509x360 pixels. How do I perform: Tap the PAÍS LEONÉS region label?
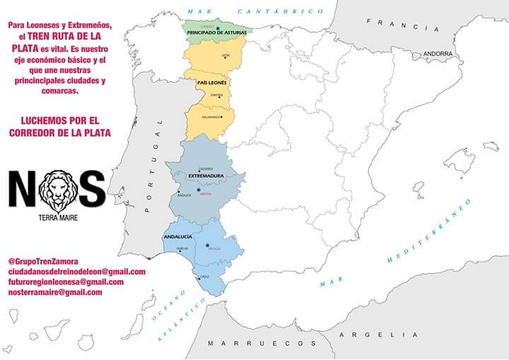coord(211,83)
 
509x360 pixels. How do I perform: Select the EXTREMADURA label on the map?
coord(206,175)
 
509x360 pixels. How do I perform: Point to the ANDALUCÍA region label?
coord(177,238)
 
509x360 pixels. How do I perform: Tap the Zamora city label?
coord(216,95)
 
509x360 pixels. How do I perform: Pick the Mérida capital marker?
coord(199,190)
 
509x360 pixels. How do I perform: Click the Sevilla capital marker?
coord(207,245)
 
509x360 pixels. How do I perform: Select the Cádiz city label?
coord(204,276)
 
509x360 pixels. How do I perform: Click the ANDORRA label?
coord(438,54)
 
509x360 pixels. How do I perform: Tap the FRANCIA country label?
coord(398,23)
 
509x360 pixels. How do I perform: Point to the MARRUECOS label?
coord(262,343)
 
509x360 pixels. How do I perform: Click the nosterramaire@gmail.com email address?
coord(55,291)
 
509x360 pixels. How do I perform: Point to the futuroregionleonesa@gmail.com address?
coord(66,281)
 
